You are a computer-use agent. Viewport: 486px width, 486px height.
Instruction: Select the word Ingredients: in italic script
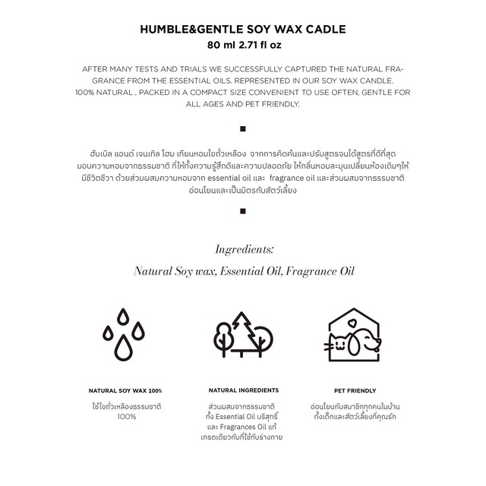(x=244, y=249)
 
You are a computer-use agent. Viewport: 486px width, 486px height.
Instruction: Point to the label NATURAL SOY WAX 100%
(x=125, y=390)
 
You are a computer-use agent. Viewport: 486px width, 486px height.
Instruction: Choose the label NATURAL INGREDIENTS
(x=243, y=390)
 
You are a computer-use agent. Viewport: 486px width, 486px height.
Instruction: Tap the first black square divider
(x=243, y=128)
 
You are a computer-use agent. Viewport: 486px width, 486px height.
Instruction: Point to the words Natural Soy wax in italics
(x=174, y=270)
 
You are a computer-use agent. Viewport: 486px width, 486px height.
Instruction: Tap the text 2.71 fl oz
(x=262, y=46)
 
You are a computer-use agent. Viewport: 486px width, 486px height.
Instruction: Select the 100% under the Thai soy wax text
(x=126, y=417)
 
